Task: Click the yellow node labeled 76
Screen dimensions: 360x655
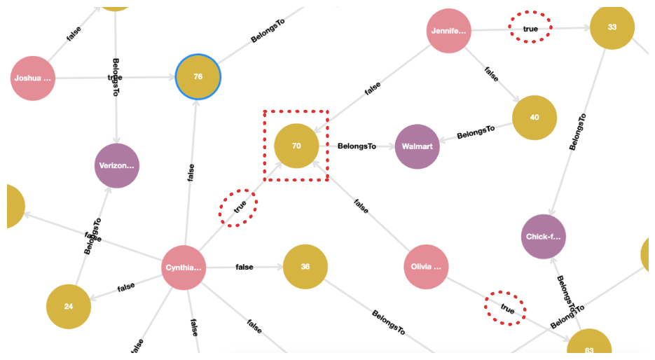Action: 198,76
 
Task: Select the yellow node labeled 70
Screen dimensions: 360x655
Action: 296,146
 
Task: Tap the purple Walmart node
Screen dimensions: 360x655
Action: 417,146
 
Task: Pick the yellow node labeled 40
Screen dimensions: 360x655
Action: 535,117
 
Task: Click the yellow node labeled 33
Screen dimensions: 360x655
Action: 612,27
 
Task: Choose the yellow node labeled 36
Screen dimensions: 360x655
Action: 305,267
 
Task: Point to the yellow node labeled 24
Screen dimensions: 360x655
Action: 69,306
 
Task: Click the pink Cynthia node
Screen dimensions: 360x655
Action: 184,268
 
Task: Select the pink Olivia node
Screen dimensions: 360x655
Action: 426,267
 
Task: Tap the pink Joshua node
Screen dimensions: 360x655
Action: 33,78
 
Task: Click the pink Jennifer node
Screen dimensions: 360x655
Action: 448,31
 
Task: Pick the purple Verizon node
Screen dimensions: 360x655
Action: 117,166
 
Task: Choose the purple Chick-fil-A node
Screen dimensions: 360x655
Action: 544,237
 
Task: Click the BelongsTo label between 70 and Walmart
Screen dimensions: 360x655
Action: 357,146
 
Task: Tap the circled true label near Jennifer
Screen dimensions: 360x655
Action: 530,29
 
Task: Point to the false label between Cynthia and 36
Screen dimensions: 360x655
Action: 244,267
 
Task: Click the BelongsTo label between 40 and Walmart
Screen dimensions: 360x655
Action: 476,132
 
